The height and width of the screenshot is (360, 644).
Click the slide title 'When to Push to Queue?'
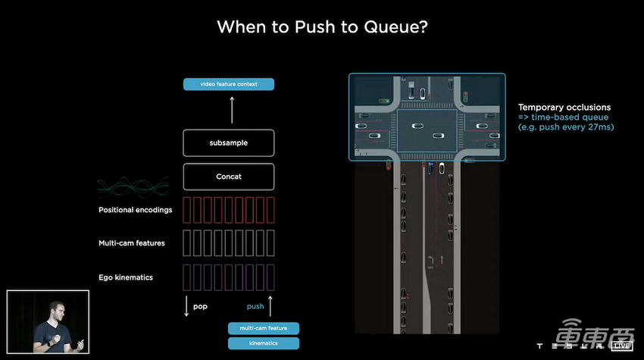pyautogui.click(x=321, y=27)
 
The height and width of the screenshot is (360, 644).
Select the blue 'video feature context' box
pyautogui.click(x=229, y=84)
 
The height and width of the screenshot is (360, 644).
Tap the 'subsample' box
pyautogui.click(x=229, y=142)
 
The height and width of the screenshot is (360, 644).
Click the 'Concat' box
pyautogui.click(x=229, y=177)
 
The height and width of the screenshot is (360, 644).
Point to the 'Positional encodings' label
pyautogui.click(x=135, y=209)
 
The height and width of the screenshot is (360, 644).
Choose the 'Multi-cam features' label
pyautogui.click(x=132, y=243)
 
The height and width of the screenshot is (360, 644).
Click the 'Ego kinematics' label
pyautogui.click(x=126, y=277)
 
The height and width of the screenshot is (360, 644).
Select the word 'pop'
pyautogui.click(x=200, y=307)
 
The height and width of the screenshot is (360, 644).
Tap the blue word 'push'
pyautogui.click(x=255, y=307)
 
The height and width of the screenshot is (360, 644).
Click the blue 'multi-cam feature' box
pyautogui.click(x=264, y=328)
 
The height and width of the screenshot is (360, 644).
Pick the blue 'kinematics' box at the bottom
pyautogui.click(x=264, y=343)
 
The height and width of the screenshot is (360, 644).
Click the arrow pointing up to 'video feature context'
pyautogui.click(x=232, y=110)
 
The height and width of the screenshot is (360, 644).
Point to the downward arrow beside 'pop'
pyautogui.click(x=186, y=306)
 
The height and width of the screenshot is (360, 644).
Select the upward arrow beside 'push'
pyautogui.click(x=271, y=306)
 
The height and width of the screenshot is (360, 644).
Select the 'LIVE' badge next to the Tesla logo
pyautogui.click(x=622, y=346)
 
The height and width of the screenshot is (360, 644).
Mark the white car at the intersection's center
pyautogui.click(x=417, y=127)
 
